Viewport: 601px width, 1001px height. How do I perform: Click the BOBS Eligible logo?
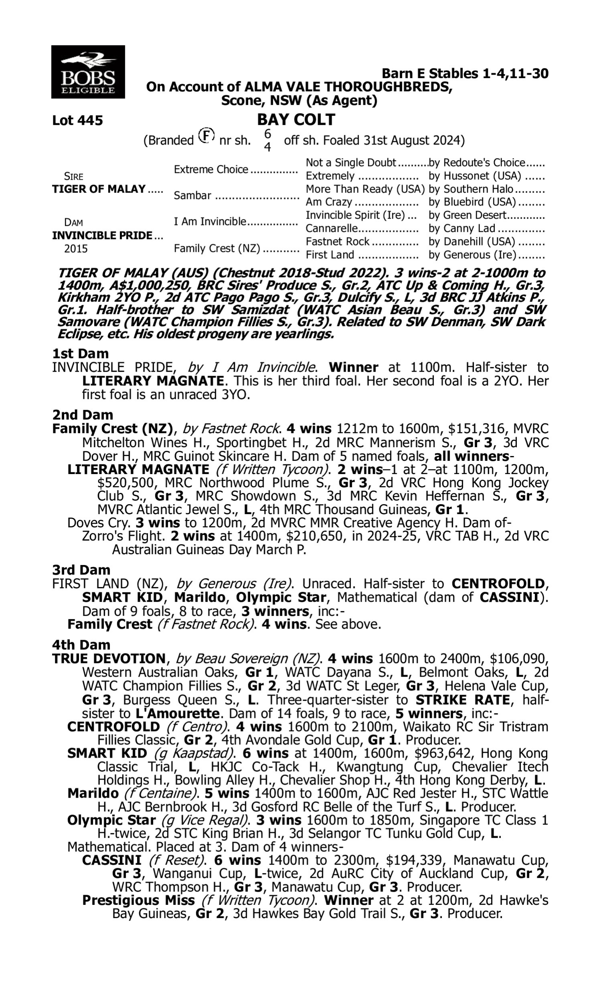88,72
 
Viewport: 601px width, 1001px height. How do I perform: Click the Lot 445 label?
77,120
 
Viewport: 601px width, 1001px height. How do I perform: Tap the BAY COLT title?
296,119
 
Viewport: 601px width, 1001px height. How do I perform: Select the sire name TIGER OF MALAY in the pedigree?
99,189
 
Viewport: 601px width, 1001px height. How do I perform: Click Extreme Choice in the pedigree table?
211,169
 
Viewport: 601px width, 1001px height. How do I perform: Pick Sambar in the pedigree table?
192,195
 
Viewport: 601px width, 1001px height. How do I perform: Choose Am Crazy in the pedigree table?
329,202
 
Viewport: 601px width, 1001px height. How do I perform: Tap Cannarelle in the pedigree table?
332,229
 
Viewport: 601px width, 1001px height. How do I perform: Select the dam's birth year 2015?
76,248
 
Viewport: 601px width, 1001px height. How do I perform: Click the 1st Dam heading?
80,353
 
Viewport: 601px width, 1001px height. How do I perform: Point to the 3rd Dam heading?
81,570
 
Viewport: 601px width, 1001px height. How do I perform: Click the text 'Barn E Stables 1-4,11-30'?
465,74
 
